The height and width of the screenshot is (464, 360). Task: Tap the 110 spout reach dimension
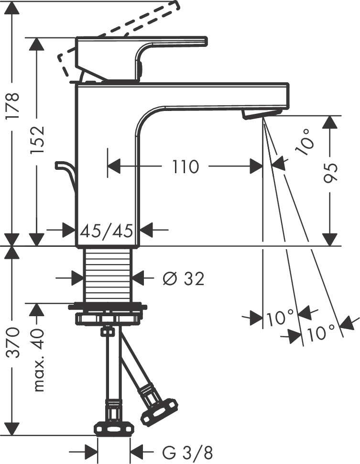tap(185, 167)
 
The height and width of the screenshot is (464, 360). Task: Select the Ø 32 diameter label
tap(183, 278)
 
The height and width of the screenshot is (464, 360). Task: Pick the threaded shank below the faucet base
tap(108, 275)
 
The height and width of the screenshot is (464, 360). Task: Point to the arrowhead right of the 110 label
tap(255, 167)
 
